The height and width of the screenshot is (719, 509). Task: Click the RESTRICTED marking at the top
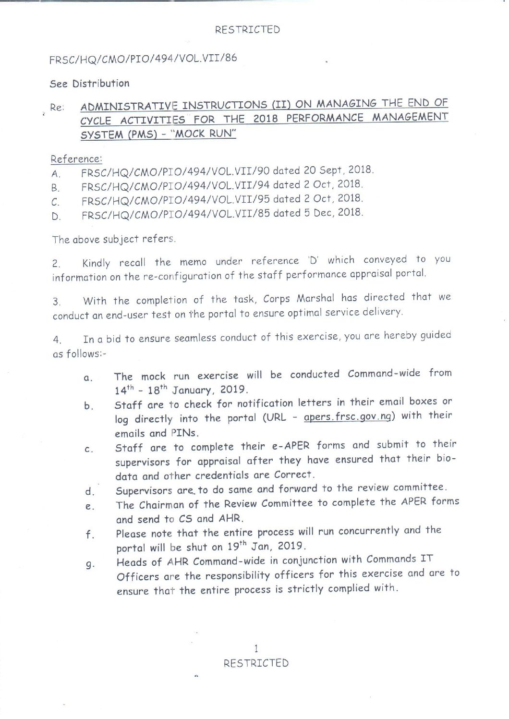click(247, 30)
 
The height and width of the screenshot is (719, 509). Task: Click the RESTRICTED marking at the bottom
click(256, 663)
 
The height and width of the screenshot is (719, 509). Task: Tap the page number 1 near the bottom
click(256, 648)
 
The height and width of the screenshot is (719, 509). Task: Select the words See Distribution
click(90, 84)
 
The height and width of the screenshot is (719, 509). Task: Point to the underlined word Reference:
click(76, 159)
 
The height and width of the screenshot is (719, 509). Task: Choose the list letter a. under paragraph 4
click(88, 378)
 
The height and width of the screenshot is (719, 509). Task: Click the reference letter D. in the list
click(56, 217)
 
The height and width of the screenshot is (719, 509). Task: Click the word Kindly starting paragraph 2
click(96, 263)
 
